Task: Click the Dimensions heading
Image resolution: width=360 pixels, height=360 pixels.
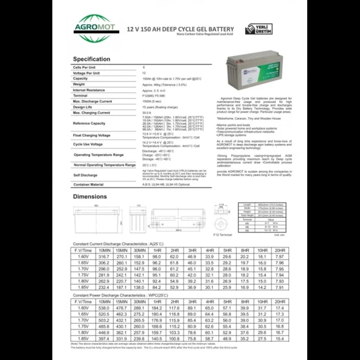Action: (90, 196)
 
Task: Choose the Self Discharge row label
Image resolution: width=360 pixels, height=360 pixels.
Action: (85, 175)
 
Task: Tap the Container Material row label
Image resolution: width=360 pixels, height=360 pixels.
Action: (89, 184)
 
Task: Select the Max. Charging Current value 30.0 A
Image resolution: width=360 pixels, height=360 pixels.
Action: (147, 112)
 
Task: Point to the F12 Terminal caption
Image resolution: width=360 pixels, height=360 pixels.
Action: (223, 234)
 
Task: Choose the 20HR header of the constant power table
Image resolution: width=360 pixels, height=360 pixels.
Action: (280, 302)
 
